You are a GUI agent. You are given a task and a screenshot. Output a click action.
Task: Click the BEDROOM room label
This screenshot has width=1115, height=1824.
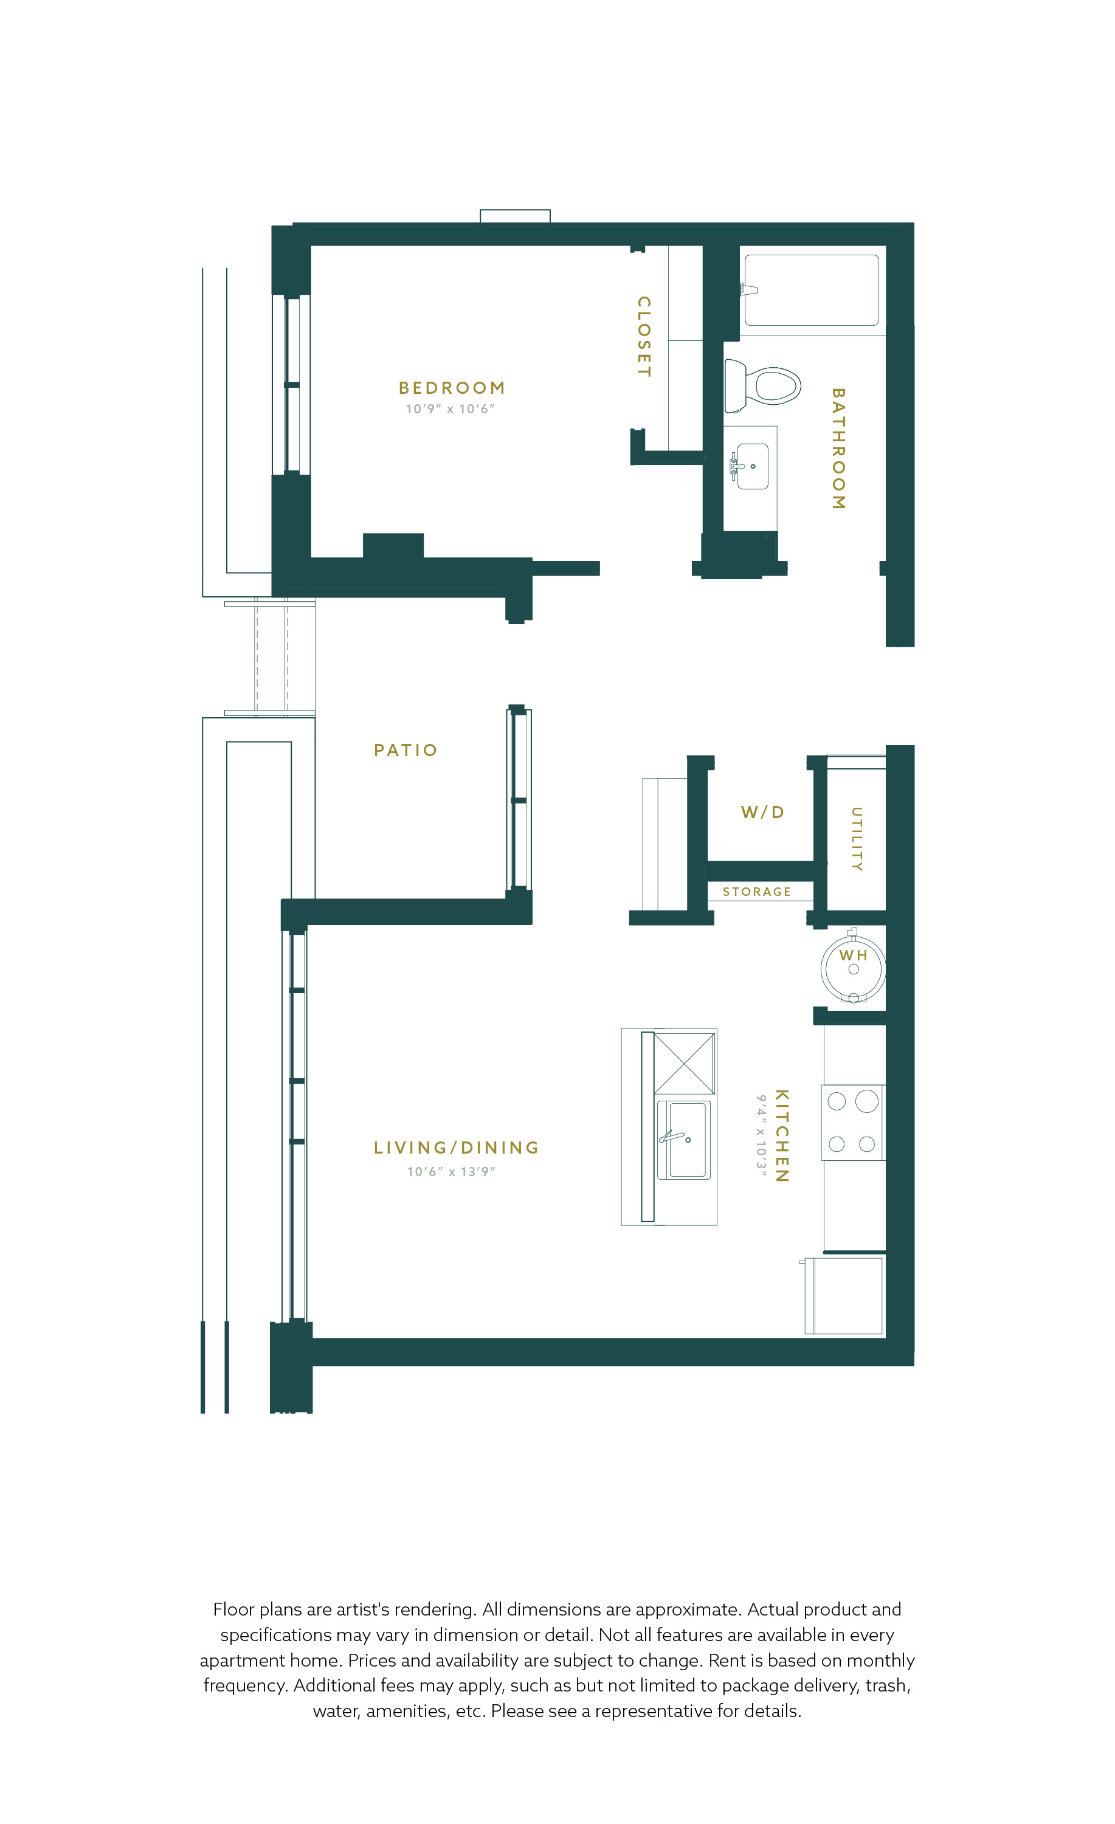pyautogui.click(x=452, y=388)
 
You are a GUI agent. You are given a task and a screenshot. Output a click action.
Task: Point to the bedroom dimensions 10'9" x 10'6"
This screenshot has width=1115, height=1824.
pyautogui.click(x=450, y=408)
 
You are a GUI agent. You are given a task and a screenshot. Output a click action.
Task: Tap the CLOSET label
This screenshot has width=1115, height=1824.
pyautogui.click(x=644, y=336)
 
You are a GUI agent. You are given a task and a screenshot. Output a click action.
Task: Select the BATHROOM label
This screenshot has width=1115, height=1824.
pyautogui.click(x=838, y=449)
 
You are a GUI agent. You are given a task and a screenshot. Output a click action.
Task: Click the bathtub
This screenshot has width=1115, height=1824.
pyautogui.click(x=812, y=290)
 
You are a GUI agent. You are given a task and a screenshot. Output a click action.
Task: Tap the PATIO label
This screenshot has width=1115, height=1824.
pyautogui.click(x=406, y=751)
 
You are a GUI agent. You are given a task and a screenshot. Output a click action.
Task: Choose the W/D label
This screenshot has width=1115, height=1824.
pyautogui.click(x=762, y=812)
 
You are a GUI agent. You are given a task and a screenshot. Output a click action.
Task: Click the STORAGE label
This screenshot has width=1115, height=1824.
pyautogui.click(x=757, y=892)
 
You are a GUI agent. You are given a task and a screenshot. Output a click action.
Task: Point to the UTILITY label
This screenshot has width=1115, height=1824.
pyautogui.click(x=857, y=839)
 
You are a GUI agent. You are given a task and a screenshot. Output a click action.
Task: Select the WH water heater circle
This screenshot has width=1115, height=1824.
pyautogui.click(x=853, y=969)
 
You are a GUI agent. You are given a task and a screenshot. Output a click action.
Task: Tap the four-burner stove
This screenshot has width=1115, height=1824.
pyautogui.click(x=853, y=1122)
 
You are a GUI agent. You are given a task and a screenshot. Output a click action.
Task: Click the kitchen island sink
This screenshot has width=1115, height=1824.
pyautogui.click(x=683, y=1140)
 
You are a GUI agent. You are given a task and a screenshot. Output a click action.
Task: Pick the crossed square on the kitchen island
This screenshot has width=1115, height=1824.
pyautogui.click(x=684, y=1064)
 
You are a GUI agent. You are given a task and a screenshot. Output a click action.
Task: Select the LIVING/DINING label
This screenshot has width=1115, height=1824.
pyautogui.click(x=456, y=1148)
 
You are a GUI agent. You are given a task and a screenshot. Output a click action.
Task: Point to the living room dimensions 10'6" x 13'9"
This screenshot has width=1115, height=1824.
pyautogui.click(x=451, y=1172)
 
